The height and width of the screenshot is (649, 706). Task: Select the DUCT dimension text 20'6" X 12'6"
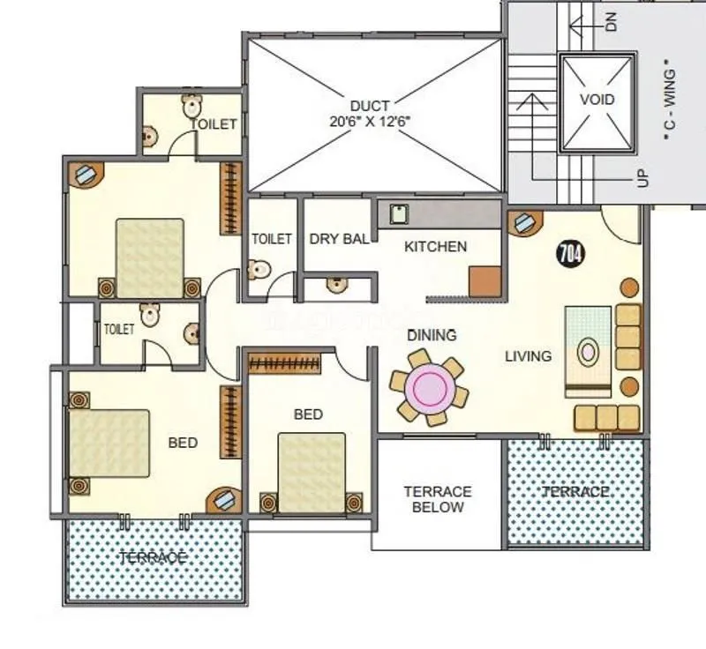pyautogui.click(x=369, y=123)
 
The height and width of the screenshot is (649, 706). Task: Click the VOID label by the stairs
pyautogui.click(x=597, y=101)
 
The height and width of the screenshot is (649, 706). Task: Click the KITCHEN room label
pyautogui.click(x=435, y=247)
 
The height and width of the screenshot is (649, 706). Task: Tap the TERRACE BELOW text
pyautogui.click(x=438, y=499)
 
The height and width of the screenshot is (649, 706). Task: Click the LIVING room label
pyautogui.click(x=528, y=356)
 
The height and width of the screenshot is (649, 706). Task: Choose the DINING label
pyautogui.click(x=432, y=335)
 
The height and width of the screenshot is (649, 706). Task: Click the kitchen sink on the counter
pyautogui.click(x=398, y=213)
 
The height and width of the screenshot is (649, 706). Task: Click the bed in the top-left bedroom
pyautogui.click(x=149, y=258)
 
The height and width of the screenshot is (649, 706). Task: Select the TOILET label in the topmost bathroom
pyautogui.click(x=214, y=124)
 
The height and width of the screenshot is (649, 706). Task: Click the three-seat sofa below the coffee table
pyautogui.click(x=606, y=418)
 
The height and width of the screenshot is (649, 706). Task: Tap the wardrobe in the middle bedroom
pyautogui.click(x=290, y=362)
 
